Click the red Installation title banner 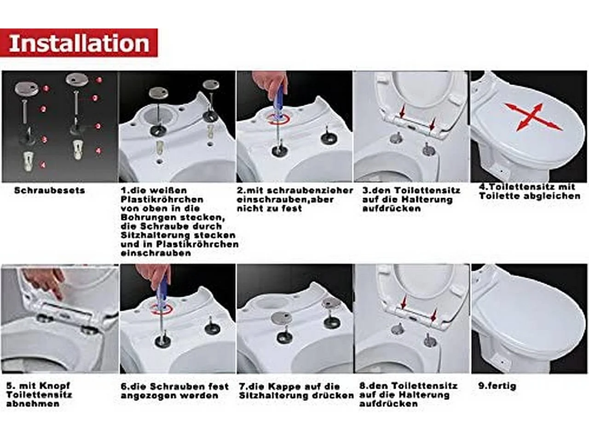tap(79, 43)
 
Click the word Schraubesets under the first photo tap(50, 191)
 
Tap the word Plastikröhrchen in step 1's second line tap(162, 199)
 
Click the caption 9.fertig tap(497, 386)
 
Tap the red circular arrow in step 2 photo tap(278, 118)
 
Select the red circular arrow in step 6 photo tap(162, 310)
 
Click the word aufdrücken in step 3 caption tap(392, 209)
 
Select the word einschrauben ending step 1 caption tap(156, 253)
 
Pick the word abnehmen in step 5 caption tap(33, 404)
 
